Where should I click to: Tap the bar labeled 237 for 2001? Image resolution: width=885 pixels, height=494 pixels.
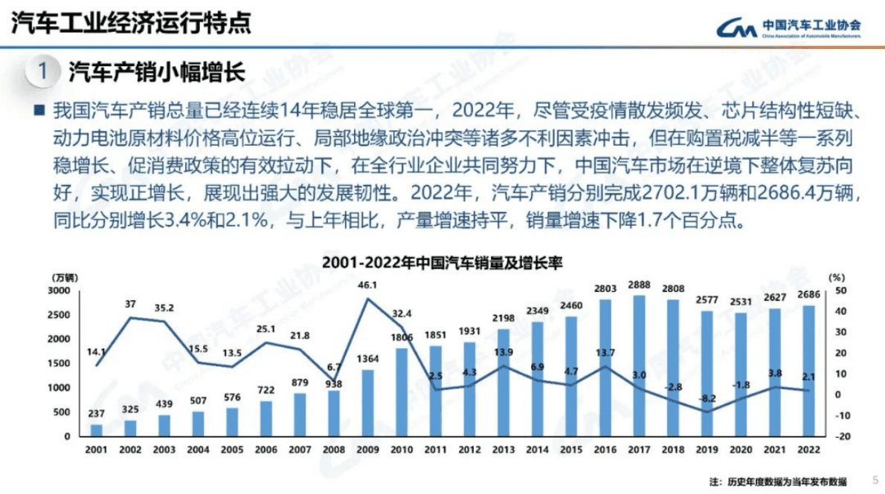coord(96,430)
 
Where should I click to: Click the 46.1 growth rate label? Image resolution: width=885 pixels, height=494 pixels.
coord(367,285)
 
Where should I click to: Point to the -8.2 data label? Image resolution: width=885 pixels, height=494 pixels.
coord(706,398)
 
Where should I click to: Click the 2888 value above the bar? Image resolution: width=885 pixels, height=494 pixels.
coord(639,285)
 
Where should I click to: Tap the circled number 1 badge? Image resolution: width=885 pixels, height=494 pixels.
coord(42,72)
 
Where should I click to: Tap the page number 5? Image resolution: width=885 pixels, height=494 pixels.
coord(874,479)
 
